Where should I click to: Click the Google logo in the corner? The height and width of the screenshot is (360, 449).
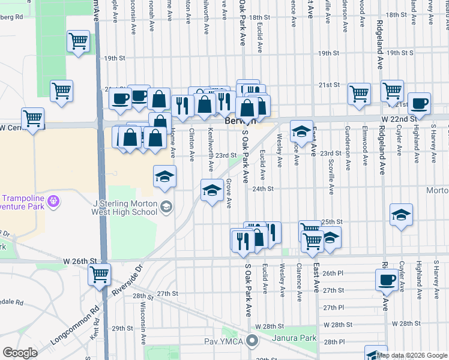pos(20,353)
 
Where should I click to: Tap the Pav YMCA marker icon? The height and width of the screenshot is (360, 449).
pos(252,342)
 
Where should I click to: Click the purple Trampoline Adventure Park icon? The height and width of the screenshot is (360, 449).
pos(53,199)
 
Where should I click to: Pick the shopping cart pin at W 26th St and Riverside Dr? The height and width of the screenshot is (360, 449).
pos(99,275)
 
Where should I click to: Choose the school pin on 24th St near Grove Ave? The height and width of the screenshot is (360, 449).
pos(211,191)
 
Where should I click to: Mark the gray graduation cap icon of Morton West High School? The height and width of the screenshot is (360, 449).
pos(166,207)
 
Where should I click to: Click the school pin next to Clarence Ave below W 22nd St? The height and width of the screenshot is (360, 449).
pos(301,131)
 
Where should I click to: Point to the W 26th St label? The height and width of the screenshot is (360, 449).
pos(80,262)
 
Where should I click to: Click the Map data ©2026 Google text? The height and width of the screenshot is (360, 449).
pos(412,355)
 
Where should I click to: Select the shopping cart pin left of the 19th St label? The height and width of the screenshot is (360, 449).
pos(78,41)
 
